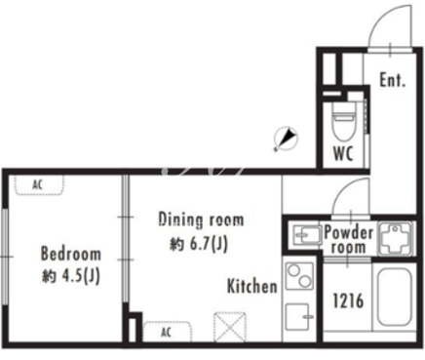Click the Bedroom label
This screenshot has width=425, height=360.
71,254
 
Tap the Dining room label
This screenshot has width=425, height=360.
201,220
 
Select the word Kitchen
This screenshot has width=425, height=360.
252,286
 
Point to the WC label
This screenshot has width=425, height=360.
343,153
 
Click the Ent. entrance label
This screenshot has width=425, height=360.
393,80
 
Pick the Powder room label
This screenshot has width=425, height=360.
348,240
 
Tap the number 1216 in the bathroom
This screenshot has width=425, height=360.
348,300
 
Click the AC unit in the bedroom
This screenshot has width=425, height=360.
39,185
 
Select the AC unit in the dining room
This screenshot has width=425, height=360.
167,332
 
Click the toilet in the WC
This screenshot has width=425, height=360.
343,121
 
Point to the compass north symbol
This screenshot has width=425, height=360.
286,139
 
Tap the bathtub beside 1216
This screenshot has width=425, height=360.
394,297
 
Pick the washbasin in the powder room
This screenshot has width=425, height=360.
307,234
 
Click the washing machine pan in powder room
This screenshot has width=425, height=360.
396,238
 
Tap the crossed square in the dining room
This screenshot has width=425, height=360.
229,327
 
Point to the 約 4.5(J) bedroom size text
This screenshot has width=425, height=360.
71,276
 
